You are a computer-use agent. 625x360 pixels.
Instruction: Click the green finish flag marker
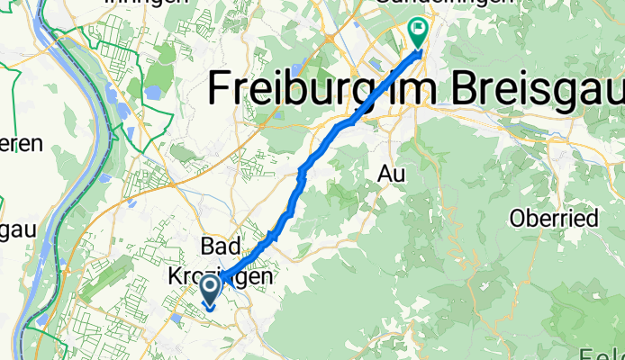pyautogui.click(x=419, y=31)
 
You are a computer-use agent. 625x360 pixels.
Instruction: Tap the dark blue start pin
pyautogui.click(x=210, y=290)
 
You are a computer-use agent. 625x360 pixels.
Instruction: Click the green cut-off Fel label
pyautogui.click(x=611, y=354)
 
